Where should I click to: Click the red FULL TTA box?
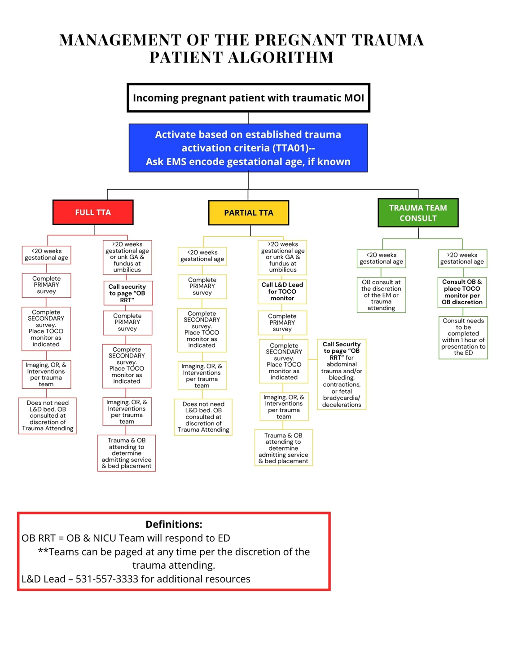[93, 212]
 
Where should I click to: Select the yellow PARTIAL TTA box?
[248, 212]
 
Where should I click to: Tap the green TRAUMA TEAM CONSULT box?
[417, 213]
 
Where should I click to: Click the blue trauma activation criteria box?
[248, 148]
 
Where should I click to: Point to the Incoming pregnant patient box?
[248, 97]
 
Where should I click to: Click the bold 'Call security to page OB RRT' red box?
[127, 293]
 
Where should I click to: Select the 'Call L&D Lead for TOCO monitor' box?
[282, 291]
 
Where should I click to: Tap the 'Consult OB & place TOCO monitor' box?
[462, 292]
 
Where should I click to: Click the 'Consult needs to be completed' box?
[463, 337]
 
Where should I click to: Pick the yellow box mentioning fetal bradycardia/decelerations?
[342, 374]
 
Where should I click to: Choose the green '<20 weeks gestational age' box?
[381, 258]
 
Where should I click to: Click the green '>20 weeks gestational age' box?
[462, 258]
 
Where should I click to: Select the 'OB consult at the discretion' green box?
[381, 295]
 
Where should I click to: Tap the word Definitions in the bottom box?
[174, 524]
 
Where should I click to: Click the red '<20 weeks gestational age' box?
[46, 255]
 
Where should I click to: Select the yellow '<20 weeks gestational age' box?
[202, 256]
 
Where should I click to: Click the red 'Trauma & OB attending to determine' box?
[127, 453]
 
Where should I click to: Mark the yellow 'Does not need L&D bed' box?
[203, 417]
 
